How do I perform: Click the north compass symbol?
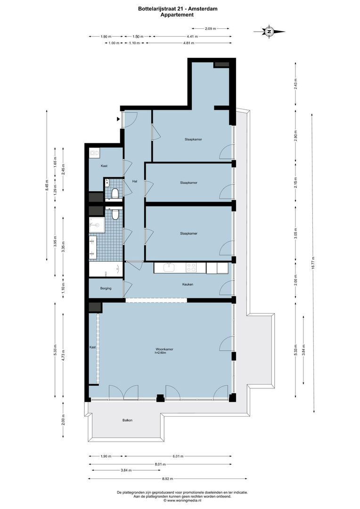click(269, 32)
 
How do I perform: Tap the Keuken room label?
click(188, 284)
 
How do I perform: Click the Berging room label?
click(106, 288)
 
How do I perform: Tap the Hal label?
click(134, 181)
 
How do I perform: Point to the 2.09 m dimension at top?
click(210, 29)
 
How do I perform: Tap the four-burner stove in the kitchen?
click(191, 268)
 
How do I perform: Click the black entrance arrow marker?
click(118, 119)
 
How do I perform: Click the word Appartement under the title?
click(177, 15)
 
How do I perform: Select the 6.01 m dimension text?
click(178, 456)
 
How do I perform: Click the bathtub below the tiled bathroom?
click(106, 270)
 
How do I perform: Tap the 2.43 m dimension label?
click(295, 83)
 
